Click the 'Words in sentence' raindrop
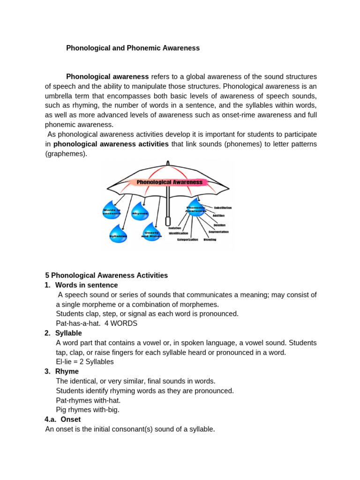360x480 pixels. [x=112, y=211]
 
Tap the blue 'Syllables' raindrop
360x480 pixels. [x=118, y=234]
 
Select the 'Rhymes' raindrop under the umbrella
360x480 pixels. [x=140, y=212]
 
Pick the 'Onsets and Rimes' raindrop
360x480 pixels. [x=151, y=233]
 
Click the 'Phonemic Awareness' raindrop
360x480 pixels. [x=196, y=208]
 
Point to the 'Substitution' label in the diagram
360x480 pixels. [x=223, y=208]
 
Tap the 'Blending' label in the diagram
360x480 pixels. [x=210, y=240]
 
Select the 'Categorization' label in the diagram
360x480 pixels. [x=187, y=240]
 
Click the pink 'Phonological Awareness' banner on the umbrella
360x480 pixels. [x=169, y=182]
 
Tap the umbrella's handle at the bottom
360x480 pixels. [x=167, y=222]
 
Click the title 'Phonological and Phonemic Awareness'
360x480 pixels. [x=133, y=48]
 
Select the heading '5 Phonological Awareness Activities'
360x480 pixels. [x=106, y=276]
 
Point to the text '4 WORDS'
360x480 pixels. [x=121, y=323]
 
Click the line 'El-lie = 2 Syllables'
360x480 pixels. [x=85, y=362]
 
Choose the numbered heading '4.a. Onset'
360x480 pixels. [x=63, y=420]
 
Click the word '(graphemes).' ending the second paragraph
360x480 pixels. [x=66, y=154]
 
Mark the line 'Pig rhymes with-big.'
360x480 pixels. [x=88, y=410]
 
